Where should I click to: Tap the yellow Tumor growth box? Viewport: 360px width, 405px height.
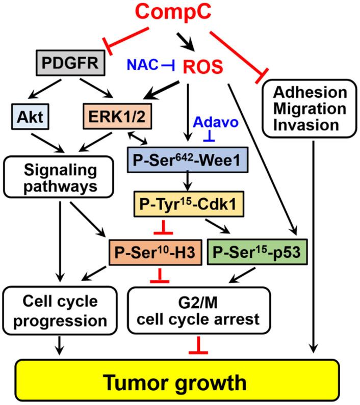(179, 380)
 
